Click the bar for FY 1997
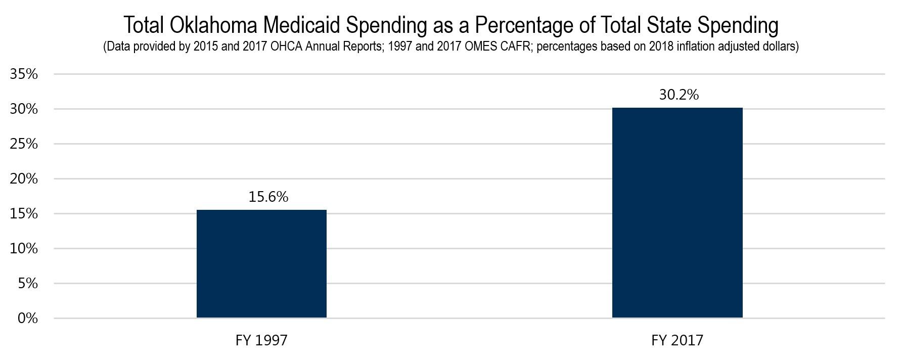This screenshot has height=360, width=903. click(x=261, y=263)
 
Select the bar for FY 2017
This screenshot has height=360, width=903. click(x=677, y=212)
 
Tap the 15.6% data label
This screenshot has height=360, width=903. click(x=268, y=197)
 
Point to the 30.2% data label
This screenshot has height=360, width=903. click(x=679, y=95)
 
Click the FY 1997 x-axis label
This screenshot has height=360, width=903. click(x=261, y=340)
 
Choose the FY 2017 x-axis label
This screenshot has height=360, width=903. click(x=677, y=340)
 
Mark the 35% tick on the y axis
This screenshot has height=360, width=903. click(x=24, y=74)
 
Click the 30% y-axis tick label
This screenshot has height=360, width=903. click(x=24, y=109)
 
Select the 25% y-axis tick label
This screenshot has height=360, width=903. click(x=24, y=144)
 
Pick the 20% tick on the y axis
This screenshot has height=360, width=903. click(x=24, y=179)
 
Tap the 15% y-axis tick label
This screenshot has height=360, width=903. click(x=24, y=214)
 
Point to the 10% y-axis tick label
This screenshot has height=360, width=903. click(x=24, y=249)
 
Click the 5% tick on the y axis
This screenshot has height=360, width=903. click(x=28, y=284)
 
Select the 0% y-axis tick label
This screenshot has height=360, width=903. click(x=28, y=319)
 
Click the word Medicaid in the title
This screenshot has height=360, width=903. click(x=301, y=25)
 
